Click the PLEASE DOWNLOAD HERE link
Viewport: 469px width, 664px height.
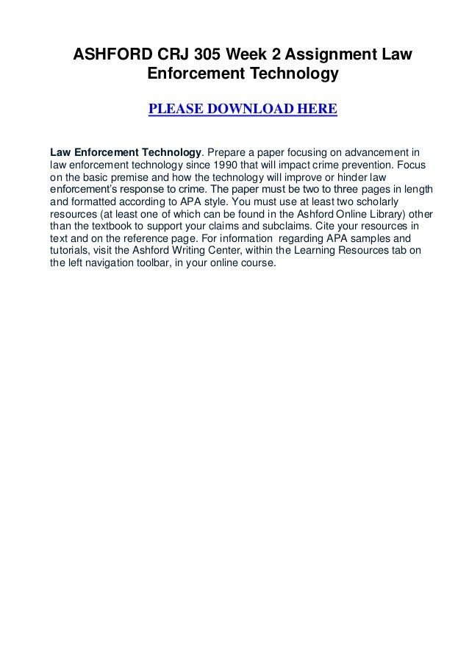[x=243, y=110]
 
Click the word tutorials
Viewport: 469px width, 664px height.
[x=71, y=252]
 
